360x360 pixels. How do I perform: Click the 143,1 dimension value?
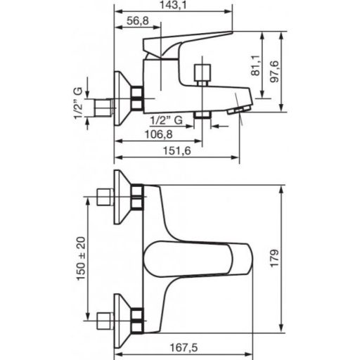[x=173, y=5]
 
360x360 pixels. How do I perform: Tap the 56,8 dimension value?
[x=138, y=21]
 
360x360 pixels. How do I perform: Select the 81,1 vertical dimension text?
[x=255, y=65]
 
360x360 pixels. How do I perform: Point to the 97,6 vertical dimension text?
[x=274, y=72]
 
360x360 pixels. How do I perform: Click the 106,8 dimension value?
[x=159, y=134]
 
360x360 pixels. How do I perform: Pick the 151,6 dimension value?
[x=177, y=150]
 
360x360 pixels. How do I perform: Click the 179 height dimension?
[x=275, y=258]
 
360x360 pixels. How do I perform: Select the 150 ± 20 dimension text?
[x=82, y=258]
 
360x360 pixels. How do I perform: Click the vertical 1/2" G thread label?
[x=79, y=103]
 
